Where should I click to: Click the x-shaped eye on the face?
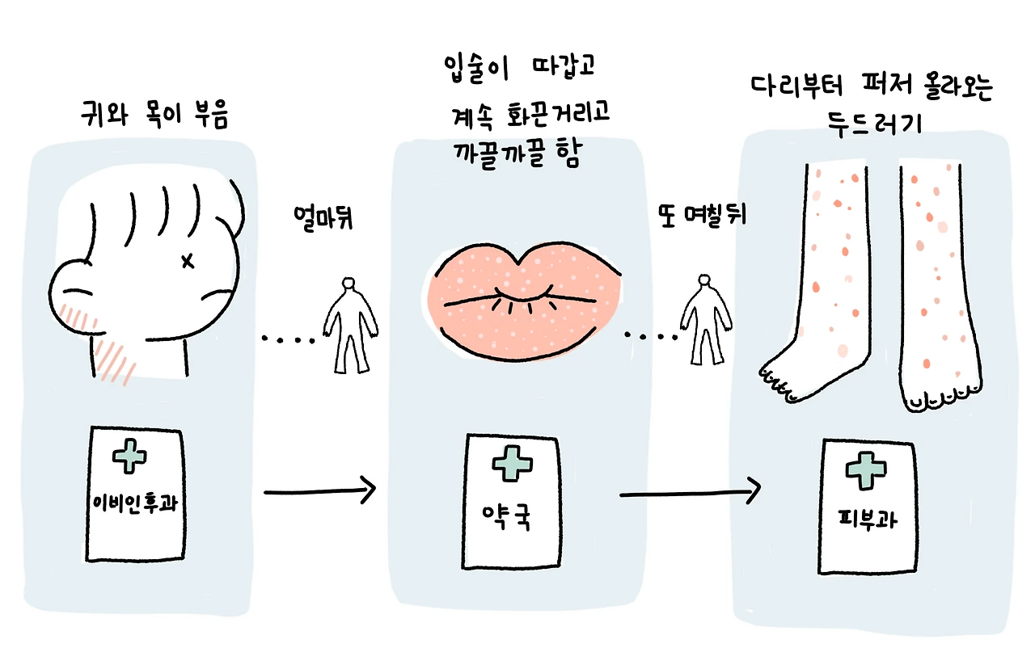click(x=188, y=260)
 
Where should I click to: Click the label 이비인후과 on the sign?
click(x=134, y=502)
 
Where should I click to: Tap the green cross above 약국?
click(x=509, y=465)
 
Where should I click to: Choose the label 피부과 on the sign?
click(x=868, y=519)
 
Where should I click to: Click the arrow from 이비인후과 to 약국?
click(x=320, y=490)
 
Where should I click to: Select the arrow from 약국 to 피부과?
click(x=690, y=490)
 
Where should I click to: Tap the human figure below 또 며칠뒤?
click(x=701, y=322)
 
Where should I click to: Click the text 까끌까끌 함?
click(x=517, y=156)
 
